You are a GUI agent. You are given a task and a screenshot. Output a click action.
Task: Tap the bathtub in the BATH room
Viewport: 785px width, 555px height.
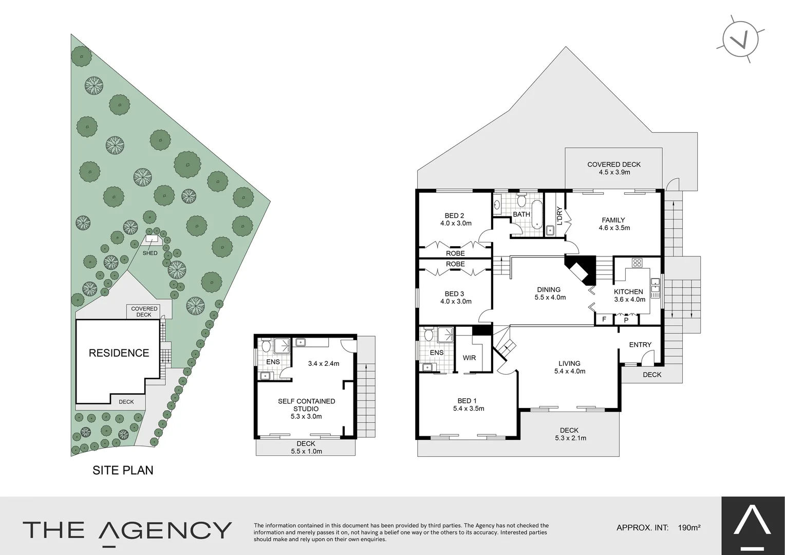(536, 214)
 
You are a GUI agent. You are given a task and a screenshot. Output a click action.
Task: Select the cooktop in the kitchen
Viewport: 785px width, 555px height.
(637, 263)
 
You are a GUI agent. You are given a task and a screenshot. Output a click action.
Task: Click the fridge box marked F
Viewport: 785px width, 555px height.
(604, 320)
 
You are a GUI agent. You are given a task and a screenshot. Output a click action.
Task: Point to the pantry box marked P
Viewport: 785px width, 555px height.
(626, 320)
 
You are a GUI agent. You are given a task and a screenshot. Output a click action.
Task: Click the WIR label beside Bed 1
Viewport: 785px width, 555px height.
(469, 358)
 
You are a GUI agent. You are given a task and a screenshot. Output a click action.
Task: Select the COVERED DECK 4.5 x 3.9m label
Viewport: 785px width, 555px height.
(614, 168)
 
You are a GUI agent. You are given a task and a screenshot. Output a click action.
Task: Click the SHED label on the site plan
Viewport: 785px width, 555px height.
(150, 253)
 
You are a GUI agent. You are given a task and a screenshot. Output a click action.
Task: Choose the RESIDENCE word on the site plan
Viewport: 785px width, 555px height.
(119, 353)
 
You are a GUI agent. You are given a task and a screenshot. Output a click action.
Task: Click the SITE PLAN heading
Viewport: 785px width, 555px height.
(123, 470)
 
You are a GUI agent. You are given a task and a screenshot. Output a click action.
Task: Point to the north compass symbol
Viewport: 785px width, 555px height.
(740, 39)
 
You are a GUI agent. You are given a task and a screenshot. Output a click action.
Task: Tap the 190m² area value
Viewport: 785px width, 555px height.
(689, 527)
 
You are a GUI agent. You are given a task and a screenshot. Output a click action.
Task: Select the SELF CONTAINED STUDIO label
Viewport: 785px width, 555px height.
(306, 405)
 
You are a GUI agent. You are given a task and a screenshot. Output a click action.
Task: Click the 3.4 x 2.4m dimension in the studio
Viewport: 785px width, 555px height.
(324, 363)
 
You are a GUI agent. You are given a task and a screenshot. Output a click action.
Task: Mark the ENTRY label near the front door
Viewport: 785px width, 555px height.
(640, 345)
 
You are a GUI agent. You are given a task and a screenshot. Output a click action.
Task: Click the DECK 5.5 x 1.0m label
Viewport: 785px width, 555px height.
(306, 447)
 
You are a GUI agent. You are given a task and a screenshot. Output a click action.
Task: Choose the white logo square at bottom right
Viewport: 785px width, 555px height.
(753, 526)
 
